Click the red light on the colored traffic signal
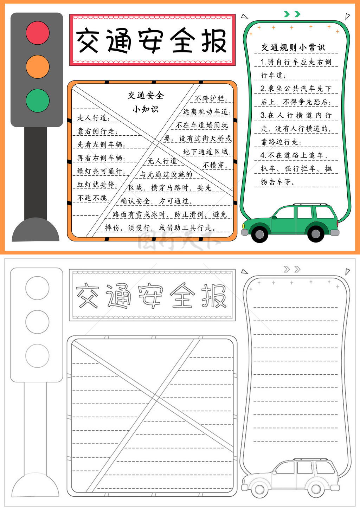coord(38,33)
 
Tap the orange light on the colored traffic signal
coord(38,67)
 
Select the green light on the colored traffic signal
coord(38,101)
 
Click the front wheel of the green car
coord(260,234)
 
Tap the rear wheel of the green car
coord(315,234)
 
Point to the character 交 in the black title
coord(88,40)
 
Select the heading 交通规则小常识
coord(293,47)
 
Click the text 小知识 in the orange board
coord(146,109)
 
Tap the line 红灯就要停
coord(97,184)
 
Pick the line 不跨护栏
coord(211,98)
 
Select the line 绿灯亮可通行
coord(101,171)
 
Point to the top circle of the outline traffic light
coord(37,288)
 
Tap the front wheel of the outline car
coord(259,489)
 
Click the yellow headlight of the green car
coord(244,226)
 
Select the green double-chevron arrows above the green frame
coord(292,14)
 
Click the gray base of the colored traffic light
coord(36,230)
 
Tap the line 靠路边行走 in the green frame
coord(281,142)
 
